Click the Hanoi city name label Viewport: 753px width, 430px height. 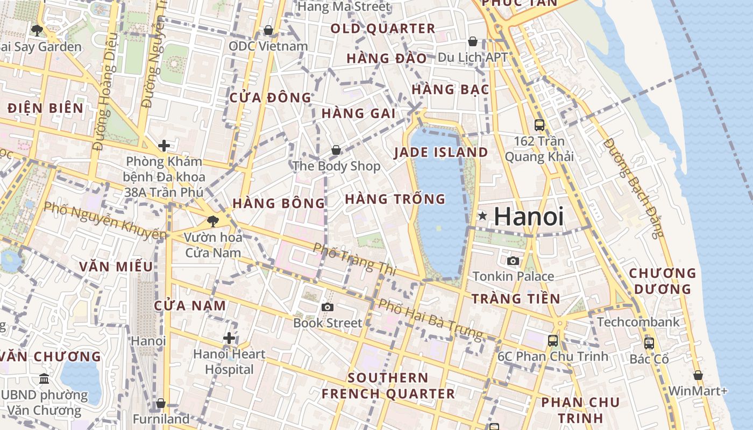pyautogui.click(x=529, y=217)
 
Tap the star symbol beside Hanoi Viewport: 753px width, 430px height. pyautogui.click(x=482, y=216)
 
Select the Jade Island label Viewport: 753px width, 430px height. pyautogui.click(x=441, y=152)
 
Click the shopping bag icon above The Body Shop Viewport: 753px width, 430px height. pyautogui.click(x=336, y=150)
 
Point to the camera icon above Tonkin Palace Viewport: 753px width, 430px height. pyautogui.click(x=513, y=261)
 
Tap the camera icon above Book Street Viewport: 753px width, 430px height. pyautogui.click(x=327, y=307)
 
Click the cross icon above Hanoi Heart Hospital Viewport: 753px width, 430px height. pyautogui.click(x=229, y=338)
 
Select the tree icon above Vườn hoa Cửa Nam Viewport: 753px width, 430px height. pyautogui.click(x=212, y=220)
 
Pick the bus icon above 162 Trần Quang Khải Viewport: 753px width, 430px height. pyautogui.click(x=539, y=125)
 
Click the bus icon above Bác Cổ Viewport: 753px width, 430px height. pyautogui.click(x=649, y=343)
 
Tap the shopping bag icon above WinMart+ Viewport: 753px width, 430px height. pyautogui.click(x=698, y=375)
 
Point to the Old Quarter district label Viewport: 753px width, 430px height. pyautogui.click(x=383, y=28)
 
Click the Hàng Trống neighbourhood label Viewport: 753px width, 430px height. pyautogui.click(x=395, y=199)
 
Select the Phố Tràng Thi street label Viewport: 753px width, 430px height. pyautogui.click(x=354, y=259)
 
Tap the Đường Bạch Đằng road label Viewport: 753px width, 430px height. pyautogui.click(x=634, y=188)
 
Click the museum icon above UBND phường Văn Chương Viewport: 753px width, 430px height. pyautogui.click(x=44, y=379)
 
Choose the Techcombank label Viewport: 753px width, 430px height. pyautogui.click(x=638, y=322)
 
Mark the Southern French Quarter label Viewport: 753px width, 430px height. pyautogui.click(x=388, y=385)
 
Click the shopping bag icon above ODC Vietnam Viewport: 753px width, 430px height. pyautogui.click(x=268, y=30)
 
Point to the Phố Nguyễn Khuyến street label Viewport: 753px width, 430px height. pyautogui.click(x=105, y=220)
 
